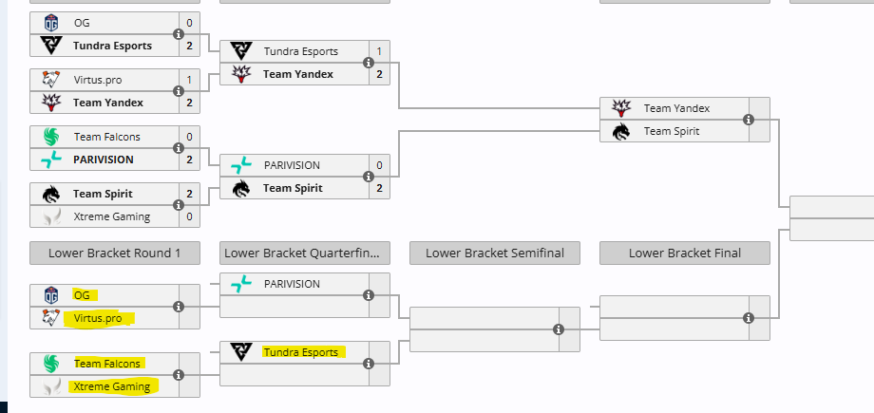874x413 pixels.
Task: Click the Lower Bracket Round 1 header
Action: pos(114,253)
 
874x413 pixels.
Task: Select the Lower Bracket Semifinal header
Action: pos(494,253)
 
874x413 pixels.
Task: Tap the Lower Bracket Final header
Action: pos(685,253)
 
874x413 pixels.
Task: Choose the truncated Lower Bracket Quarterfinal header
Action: pos(304,253)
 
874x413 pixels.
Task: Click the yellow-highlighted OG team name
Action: pos(82,295)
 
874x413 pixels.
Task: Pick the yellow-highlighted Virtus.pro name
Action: pos(100,319)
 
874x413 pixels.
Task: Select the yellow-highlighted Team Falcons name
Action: pos(106,364)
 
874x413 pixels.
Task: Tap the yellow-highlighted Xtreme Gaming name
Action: pos(111,386)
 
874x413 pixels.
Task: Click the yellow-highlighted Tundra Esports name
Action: pos(300,352)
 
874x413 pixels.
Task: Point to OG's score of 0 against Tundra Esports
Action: pos(189,22)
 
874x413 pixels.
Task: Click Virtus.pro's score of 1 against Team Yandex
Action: pos(189,80)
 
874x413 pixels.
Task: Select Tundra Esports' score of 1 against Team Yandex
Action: pos(379,51)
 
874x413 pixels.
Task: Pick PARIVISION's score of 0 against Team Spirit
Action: pos(379,165)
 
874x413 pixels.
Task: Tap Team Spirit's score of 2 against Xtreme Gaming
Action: pos(189,194)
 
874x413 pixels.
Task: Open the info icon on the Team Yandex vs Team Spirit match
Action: pos(749,120)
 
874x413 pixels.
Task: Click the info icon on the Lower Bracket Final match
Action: pos(749,318)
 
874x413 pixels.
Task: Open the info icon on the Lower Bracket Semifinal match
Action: pos(559,329)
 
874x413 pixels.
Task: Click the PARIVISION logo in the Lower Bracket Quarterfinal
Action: pos(241,284)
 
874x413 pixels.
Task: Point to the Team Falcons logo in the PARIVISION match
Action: pos(51,137)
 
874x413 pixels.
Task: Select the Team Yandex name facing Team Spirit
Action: pos(676,108)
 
